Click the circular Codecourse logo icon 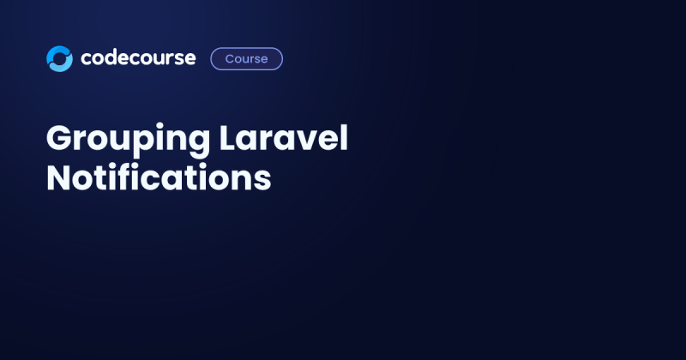(x=59, y=58)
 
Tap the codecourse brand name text (x=138, y=58)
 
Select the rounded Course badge (x=246, y=58)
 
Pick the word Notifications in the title (x=159, y=178)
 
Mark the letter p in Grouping (x=141, y=144)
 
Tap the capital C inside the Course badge (x=229, y=58)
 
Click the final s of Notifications (x=262, y=181)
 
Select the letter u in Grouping (x=119, y=142)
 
